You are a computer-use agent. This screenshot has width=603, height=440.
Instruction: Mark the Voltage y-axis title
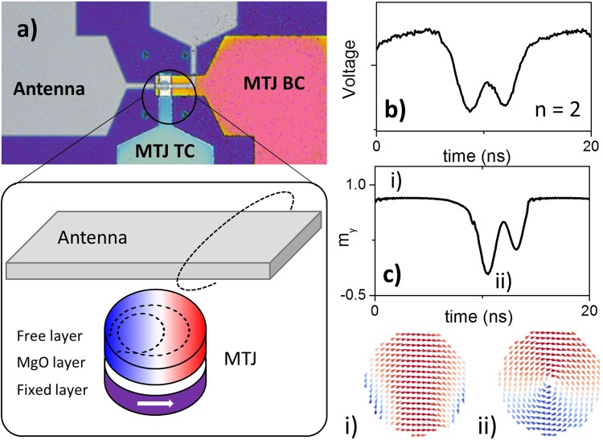click(x=350, y=73)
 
